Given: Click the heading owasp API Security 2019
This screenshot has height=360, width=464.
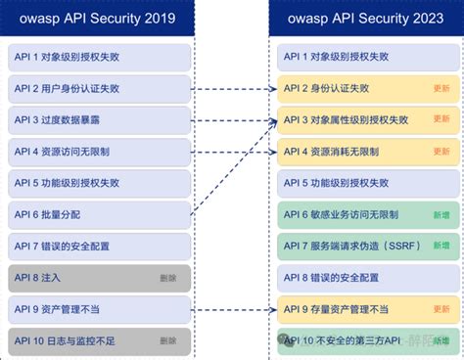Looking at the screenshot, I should pos(98,19).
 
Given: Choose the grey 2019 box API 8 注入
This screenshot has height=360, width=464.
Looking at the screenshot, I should pos(98,278).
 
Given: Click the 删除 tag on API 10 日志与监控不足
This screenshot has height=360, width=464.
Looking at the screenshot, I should pos(168,340).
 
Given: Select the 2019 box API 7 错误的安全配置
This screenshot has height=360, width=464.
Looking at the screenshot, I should pos(98,247).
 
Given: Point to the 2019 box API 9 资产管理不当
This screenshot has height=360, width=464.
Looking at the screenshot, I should pos(98,309).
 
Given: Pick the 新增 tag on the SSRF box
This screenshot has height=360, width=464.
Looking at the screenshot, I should pos(441,247).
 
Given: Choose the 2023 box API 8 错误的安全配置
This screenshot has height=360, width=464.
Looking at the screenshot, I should pos(364,278).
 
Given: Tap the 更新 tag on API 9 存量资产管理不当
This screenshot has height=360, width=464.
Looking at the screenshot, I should pos(441,309).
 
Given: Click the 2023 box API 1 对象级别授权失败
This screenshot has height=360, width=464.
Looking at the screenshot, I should pos(364,57).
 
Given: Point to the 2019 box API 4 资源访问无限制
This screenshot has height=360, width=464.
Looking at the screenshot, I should pos(98,152).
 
